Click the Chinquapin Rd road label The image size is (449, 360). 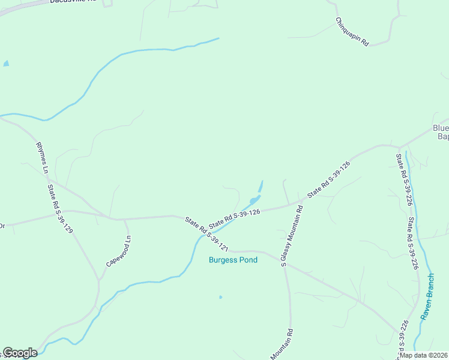[x=352, y=32]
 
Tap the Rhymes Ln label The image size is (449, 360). [x=41, y=158]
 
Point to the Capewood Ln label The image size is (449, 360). [x=118, y=251]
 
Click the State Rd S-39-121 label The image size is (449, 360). [x=207, y=233]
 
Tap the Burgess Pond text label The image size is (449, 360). [x=233, y=260]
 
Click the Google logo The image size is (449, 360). [x=20, y=353]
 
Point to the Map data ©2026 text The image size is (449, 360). [x=423, y=355]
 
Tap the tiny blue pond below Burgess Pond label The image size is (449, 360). [x=221, y=296]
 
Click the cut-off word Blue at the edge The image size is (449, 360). [x=441, y=128]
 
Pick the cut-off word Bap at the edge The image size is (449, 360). [x=443, y=137]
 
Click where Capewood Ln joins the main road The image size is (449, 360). [x=124, y=220]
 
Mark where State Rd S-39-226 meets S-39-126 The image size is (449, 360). [x=399, y=147]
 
